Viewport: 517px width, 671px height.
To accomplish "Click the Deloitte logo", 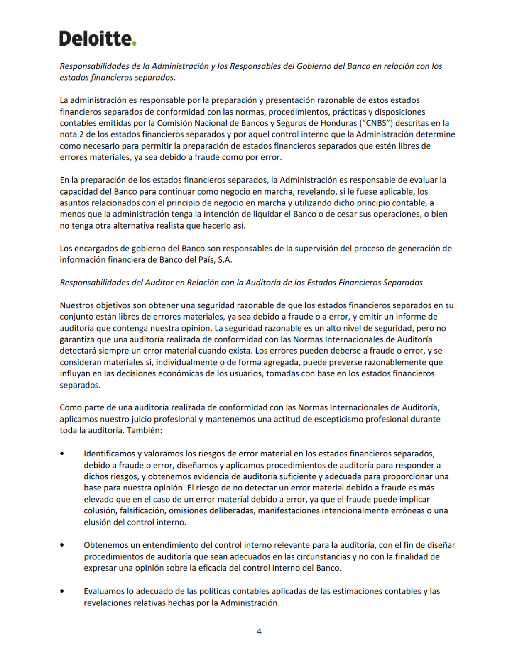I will (x=98, y=39).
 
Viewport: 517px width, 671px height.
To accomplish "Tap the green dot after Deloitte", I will (x=134, y=44).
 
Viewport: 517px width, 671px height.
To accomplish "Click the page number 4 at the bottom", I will (x=259, y=632).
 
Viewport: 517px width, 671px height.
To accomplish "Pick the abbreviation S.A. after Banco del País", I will (x=225, y=260).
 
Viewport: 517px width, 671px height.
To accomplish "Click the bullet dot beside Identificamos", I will (x=62, y=454).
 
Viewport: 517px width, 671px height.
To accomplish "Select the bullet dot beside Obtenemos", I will (x=62, y=545).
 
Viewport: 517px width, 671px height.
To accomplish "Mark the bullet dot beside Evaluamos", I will (x=62, y=591).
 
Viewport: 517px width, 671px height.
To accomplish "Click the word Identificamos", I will (x=109, y=454).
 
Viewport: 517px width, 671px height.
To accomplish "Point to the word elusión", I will (x=97, y=522).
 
